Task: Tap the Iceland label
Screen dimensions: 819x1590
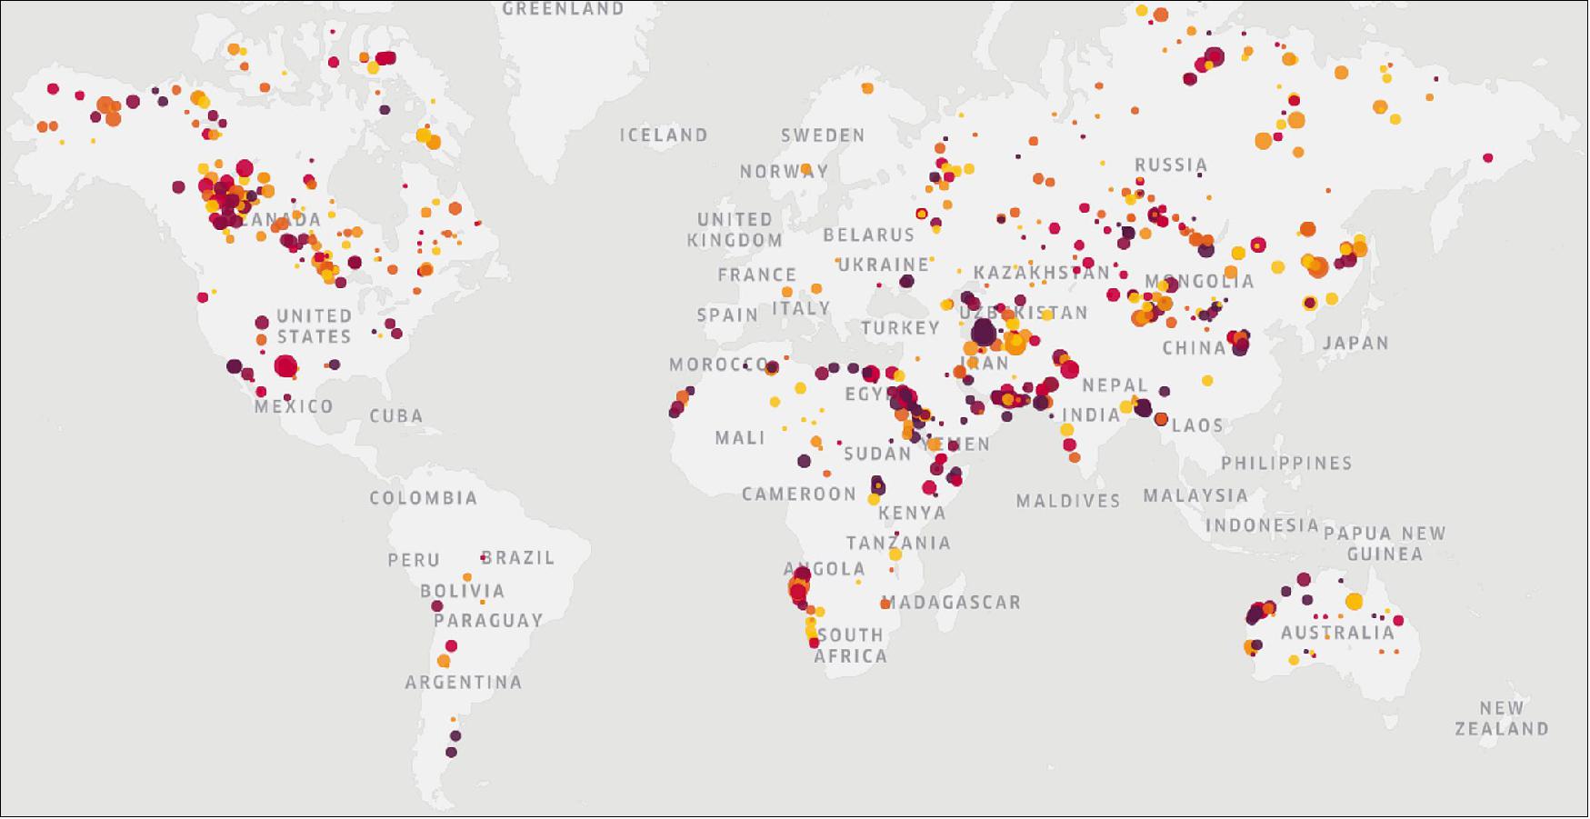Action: (664, 135)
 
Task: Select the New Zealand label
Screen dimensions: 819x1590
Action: (1501, 718)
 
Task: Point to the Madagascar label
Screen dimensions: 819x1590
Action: (952, 602)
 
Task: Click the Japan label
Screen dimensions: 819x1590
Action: (1355, 344)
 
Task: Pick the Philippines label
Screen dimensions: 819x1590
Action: (1286, 464)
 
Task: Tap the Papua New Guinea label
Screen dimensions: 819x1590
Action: (1385, 544)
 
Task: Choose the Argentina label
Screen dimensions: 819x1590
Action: (464, 683)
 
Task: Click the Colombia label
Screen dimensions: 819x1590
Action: (423, 498)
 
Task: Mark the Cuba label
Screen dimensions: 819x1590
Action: (396, 416)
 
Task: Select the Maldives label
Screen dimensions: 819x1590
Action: (1068, 501)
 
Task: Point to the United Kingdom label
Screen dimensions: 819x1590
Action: (735, 230)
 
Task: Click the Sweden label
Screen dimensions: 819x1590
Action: (823, 135)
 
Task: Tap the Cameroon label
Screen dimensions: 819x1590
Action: (799, 494)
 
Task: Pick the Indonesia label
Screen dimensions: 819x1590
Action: (1262, 525)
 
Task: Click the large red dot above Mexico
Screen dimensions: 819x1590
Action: (285, 367)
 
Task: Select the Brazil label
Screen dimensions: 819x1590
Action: (517, 558)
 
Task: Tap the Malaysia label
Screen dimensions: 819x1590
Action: (1195, 495)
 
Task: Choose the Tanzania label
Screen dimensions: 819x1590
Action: (898, 544)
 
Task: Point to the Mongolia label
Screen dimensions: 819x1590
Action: (1199, 282)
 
